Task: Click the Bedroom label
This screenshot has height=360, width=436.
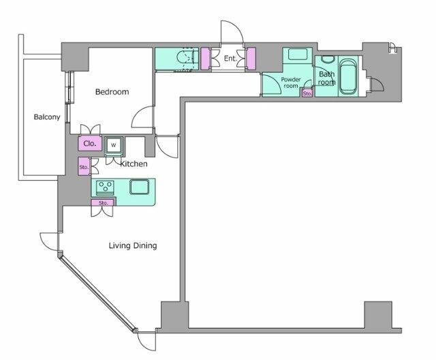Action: [112, 92]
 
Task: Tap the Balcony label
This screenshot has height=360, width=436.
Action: [47, 117]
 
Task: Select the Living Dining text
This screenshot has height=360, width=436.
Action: [133, 245]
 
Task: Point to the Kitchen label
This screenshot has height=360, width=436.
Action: [134, 164]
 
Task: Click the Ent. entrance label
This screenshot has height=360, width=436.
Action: [230, 59]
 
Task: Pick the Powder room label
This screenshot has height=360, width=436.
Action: [291, 82]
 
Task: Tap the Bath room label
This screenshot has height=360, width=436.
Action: [327, 78]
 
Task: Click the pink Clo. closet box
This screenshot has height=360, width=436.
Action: [90, 144]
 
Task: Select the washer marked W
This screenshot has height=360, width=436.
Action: [114, 145]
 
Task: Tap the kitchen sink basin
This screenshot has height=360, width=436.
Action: [139, 187]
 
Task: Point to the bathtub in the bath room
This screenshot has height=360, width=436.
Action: [348, 76]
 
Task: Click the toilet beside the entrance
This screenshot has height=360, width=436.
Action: [187, 59]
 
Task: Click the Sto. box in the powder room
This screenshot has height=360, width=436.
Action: [307, 93]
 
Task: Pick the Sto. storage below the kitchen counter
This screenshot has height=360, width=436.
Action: [103, 202]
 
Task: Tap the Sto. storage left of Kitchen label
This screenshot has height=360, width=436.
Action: [84, 166]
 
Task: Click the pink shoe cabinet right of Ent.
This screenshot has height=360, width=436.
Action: [251, 59]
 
